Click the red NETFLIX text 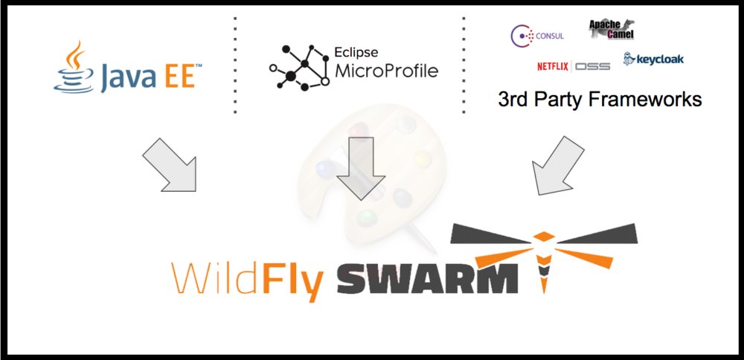click(x=552, y=66)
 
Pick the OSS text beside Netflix click(x=592, y=66)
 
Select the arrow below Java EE click(x=168, y=164)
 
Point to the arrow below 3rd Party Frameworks click(x=557, y=166)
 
